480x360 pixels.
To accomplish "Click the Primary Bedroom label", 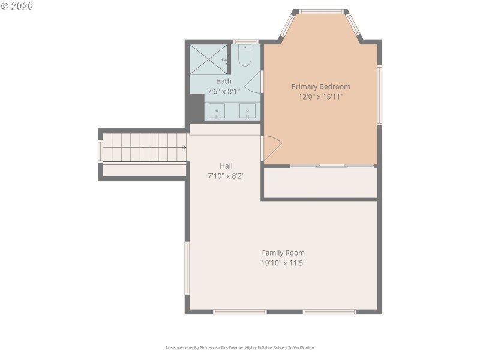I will tap(320, 86).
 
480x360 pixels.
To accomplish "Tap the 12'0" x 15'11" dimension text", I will tap(320, 97).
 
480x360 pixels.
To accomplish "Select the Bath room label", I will tap(223, 81).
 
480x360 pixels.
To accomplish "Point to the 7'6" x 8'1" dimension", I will tap(223, 91).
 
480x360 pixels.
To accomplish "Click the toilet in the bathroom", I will tap(244, 56).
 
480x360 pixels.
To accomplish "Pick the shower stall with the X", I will tap(208, 59).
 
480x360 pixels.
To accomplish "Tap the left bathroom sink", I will tap(217, 111).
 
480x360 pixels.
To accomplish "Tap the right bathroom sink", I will tap(247, 111).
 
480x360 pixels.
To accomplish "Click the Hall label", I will tap(226, 166).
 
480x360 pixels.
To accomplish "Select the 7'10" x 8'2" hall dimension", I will tap(226, 176).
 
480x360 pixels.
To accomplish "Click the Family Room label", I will tap(283, 253).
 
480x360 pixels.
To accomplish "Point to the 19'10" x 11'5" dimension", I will tap(283, 263).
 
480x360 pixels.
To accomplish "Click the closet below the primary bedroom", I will tap(320, 183).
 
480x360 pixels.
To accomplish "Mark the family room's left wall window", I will tap(187, 268).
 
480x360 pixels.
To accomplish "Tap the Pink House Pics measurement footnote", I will tap(240, 348).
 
